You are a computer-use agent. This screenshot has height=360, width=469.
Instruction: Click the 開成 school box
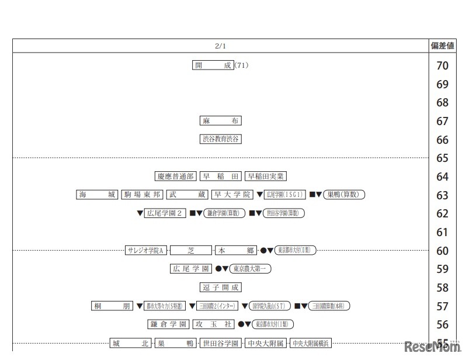(x=213, y=65)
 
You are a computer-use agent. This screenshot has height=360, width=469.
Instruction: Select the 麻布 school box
(x=221, y=121)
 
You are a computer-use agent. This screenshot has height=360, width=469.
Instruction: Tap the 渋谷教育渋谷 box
(x=221, y=139)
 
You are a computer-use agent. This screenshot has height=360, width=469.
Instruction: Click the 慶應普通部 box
(x=175, y=176)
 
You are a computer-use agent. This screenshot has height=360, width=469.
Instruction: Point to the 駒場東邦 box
(x=143, y=195)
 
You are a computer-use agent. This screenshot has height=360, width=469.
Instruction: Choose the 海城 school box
(x=98, y=195)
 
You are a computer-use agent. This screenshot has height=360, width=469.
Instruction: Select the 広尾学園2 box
(x=165, y=213)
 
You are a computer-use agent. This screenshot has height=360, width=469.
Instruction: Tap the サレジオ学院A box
(x=147, y=250)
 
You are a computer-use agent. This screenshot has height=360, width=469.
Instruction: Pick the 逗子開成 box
(x=221, y=288)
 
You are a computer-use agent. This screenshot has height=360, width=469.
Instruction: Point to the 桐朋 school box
(x=113, y=306)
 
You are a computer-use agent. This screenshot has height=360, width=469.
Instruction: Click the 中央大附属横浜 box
(x=311, y=343)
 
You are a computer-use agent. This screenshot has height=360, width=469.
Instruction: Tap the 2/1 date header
(x=220, y=46)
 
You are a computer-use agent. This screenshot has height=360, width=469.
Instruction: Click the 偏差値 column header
(x=442, y=46)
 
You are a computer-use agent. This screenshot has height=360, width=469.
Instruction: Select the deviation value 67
(x=442, y=121)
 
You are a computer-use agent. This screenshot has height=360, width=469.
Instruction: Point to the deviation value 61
(x=442, y=232)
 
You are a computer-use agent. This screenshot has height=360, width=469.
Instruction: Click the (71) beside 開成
(x=242, y=65)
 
